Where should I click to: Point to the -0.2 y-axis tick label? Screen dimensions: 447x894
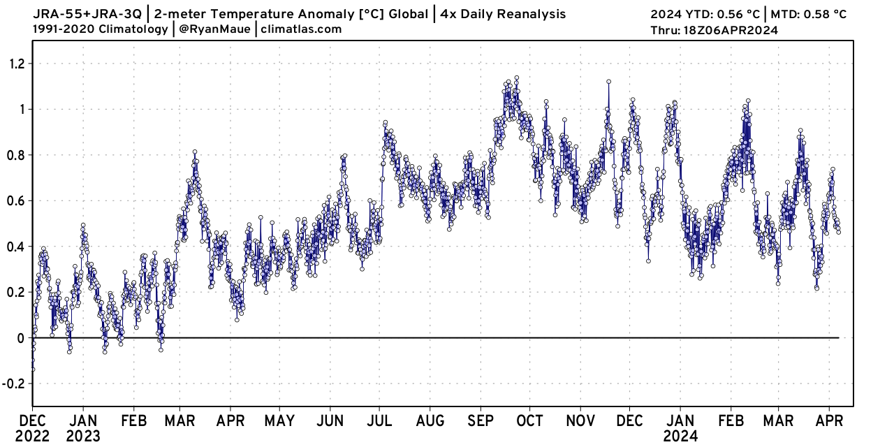click(x=13, y=383)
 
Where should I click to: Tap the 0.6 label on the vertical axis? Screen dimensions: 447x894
click(x=15, y=200)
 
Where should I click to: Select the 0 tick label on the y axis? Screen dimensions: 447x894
click(x=21, y=338)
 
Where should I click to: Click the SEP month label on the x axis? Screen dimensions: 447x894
click(x=480, y=421)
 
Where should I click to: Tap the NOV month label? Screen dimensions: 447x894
click(x=580, y=421)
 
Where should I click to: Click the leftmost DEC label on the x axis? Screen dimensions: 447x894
click(x=32, y=421)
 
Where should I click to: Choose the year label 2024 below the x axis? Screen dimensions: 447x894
click(x=680, y=437)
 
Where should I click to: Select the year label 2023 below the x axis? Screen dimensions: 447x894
click(x=82, y=437)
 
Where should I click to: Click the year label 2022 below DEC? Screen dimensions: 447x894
click(x=32, y=437)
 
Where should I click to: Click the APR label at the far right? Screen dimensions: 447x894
click(x=830, y=421)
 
